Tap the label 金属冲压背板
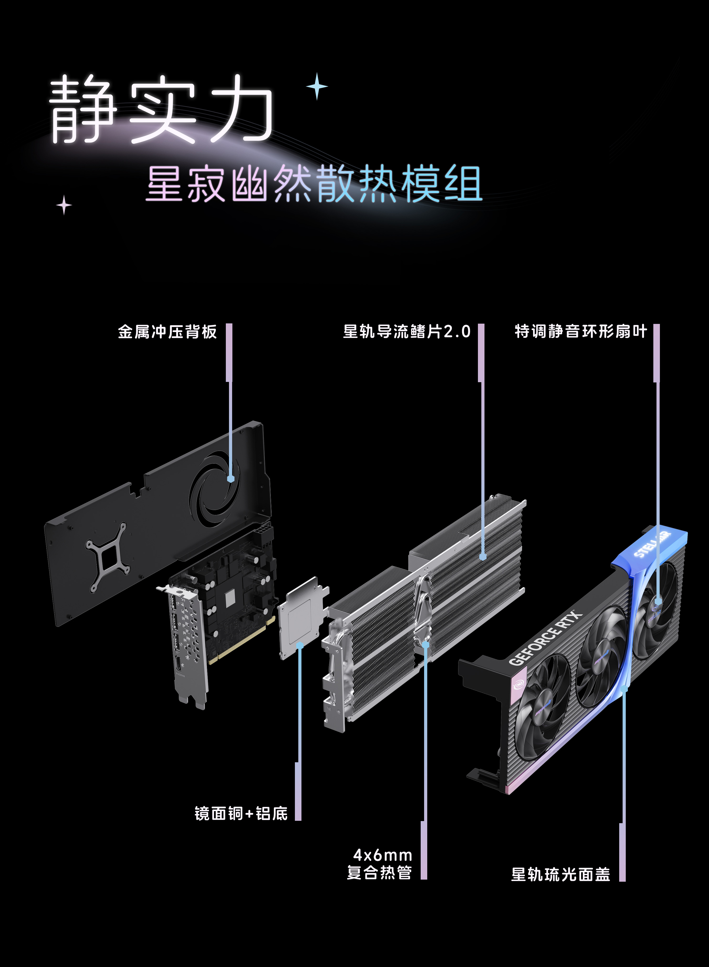167,332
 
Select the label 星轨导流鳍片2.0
407,332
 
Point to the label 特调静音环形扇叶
581,331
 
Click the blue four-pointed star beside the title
317,86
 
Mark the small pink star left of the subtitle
64,205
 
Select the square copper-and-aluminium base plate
303,618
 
